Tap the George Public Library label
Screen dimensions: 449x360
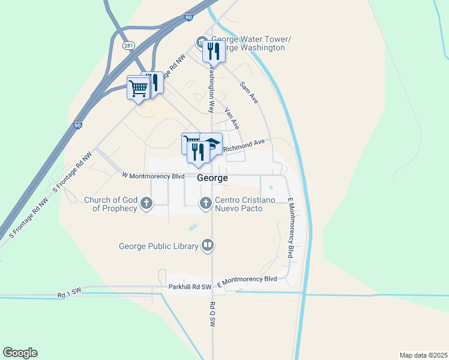click(x=158, y=245)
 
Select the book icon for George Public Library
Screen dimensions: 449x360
click(x=207, y=245)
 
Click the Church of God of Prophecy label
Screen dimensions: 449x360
click(x=111, y=205)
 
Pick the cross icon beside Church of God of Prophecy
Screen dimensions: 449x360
click(x=146, y=205)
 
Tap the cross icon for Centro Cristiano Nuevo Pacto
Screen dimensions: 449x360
click(x=205, y=203)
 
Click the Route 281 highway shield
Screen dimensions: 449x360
click(x=128, y=46)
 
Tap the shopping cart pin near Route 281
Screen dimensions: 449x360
click(x=138, y=88)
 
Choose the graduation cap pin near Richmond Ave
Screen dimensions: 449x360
click(x=212, y=143)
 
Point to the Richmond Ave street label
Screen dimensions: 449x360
click(x=244, y=145)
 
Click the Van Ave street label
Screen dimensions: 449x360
click(x=232, y=118)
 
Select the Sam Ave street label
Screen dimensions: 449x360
click(x=248, y=93)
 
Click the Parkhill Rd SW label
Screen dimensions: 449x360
click(x=190, y=287)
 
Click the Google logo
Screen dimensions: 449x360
click(x=20, y=353)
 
